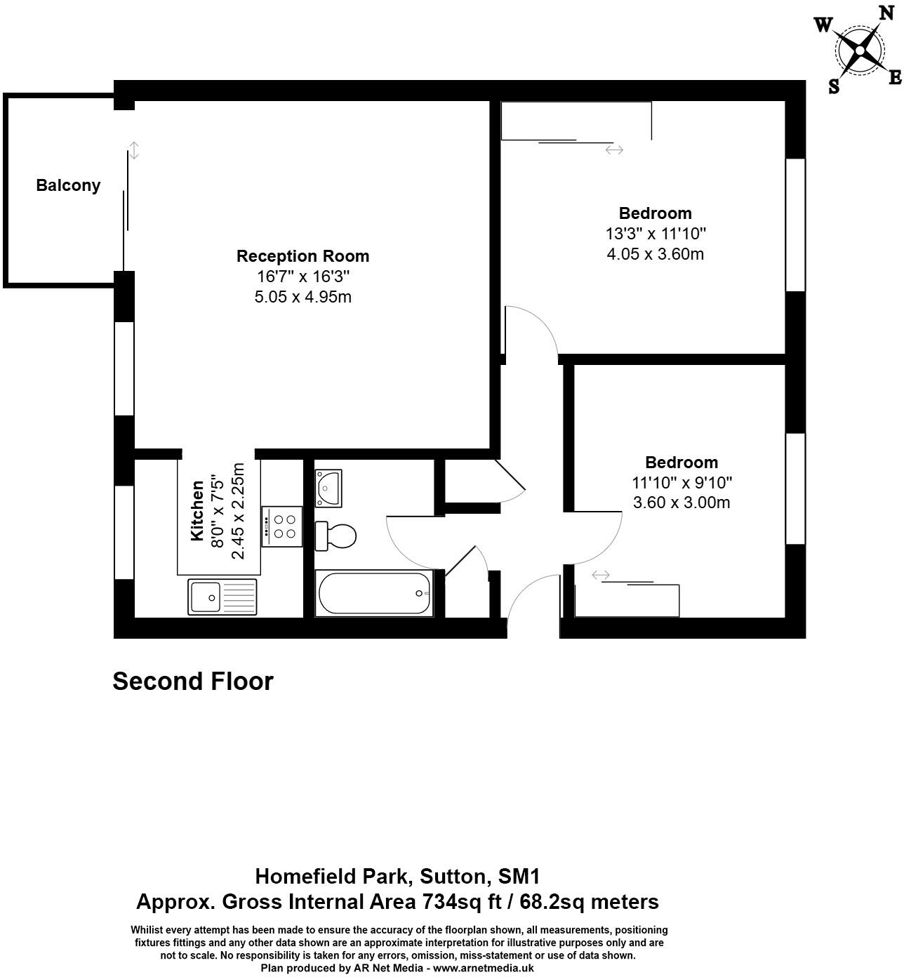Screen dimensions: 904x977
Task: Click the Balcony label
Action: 68,185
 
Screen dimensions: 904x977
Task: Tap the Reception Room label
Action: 303,256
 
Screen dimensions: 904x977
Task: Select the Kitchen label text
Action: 197,511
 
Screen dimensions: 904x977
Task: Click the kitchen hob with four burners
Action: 282,526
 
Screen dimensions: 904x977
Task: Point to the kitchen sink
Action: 222,597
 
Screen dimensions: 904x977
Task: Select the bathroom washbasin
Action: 328,487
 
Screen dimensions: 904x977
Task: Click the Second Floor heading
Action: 193,681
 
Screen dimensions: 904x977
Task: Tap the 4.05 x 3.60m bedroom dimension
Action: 655,253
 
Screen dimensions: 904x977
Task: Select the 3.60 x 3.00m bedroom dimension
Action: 681,503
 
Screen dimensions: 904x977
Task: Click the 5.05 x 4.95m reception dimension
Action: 303,297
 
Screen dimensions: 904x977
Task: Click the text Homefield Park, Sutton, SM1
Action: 397,876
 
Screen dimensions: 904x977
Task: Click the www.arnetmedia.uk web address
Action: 484,968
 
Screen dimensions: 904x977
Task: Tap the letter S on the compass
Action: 834,86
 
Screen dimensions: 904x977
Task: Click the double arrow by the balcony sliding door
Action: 134,150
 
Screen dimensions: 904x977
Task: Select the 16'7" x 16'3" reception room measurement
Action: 303,277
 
